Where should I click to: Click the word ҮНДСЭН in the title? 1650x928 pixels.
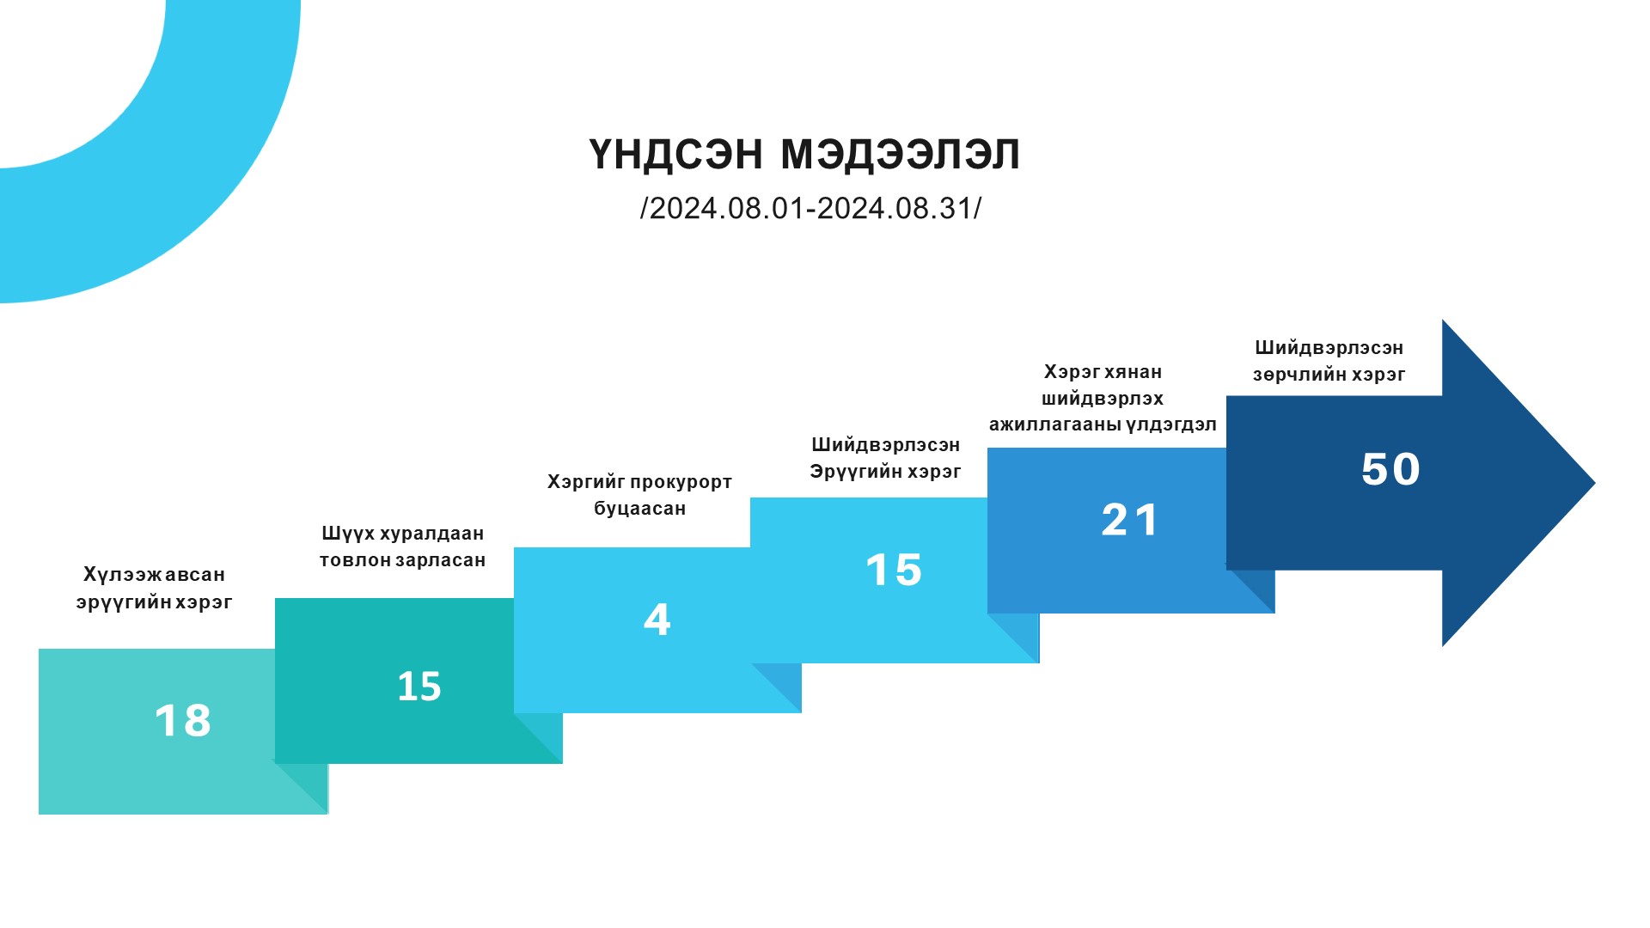click(x=675, y=155)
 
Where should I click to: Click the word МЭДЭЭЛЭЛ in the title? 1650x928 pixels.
click(x=900, y=155)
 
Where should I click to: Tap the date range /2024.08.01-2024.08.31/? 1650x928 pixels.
click(x=810, y=208)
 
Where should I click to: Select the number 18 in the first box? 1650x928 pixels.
click(x=182, y=720)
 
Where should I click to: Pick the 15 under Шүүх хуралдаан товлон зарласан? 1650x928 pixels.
click(x=419, y=687)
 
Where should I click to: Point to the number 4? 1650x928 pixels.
click(x=657, y=620)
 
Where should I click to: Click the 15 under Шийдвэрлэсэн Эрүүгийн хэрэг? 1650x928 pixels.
click(x=894, y=570)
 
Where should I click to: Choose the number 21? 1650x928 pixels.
click(x=1130, y=520)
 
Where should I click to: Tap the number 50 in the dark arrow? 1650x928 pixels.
click(x=1390, y=469)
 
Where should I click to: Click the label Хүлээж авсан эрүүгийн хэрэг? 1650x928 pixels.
click(x=155, y=588)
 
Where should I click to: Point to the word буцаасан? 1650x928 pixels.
click(x=640, y=509)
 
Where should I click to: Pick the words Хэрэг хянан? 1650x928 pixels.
click(x=1103, y=372)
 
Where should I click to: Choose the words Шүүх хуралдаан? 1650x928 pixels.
click(x=402, y=534)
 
